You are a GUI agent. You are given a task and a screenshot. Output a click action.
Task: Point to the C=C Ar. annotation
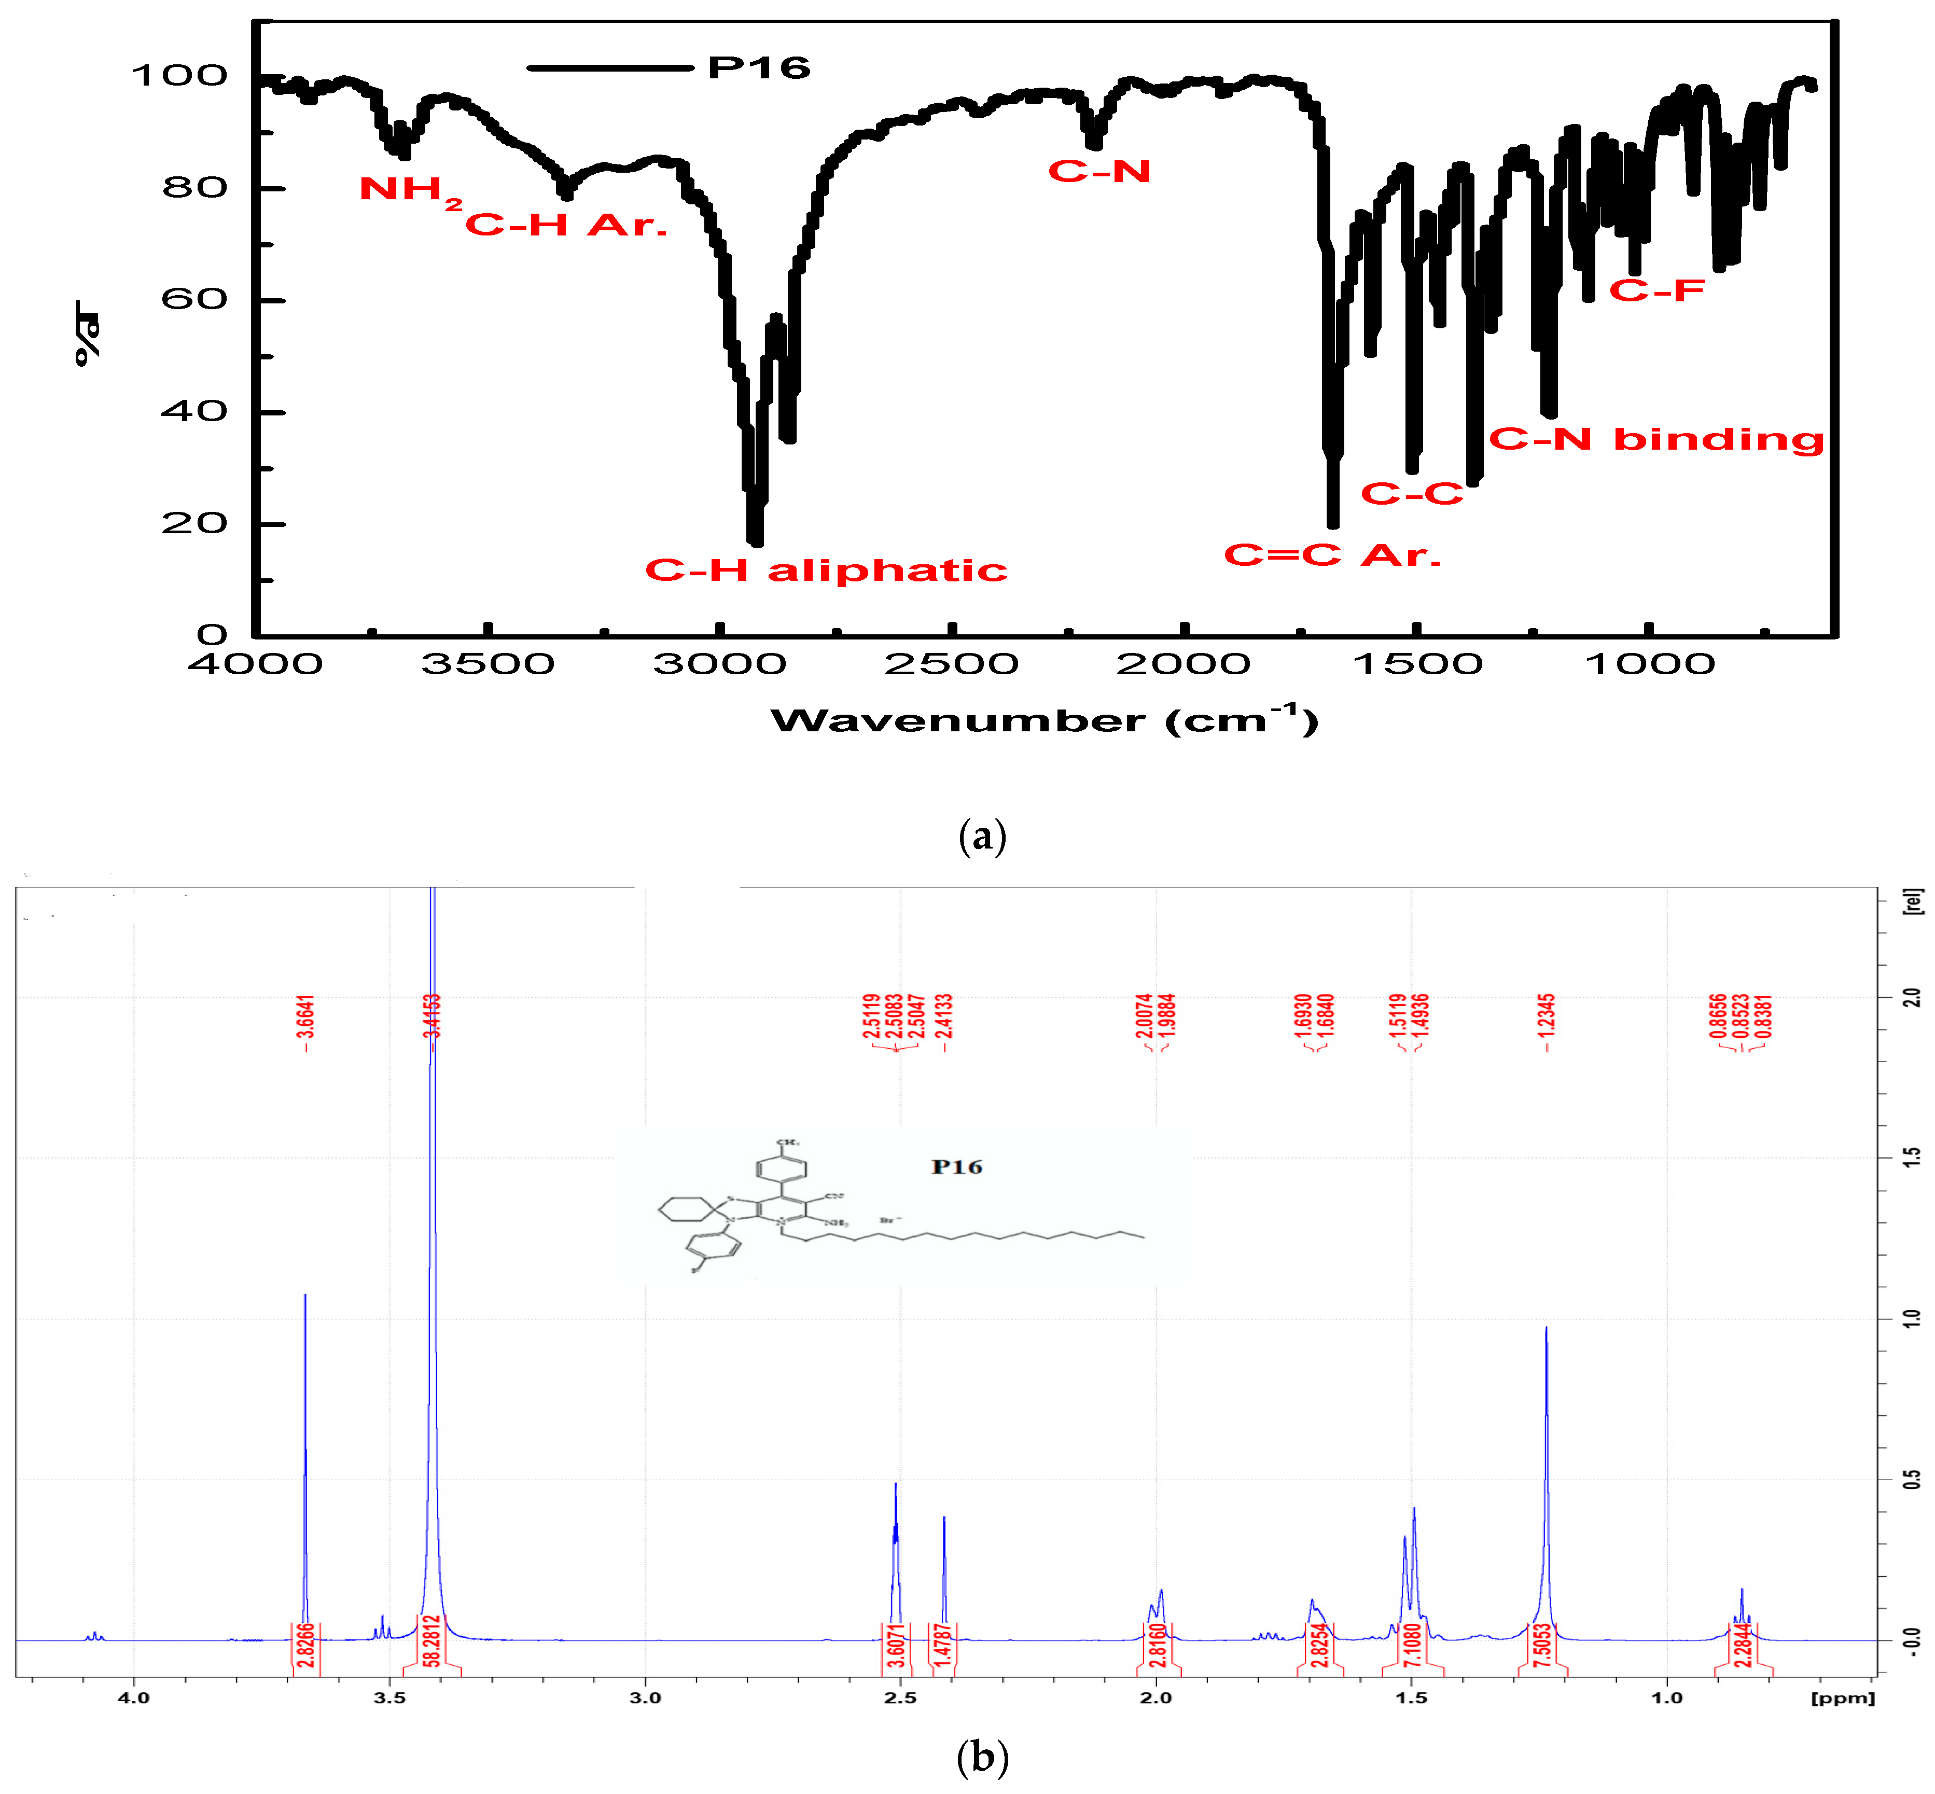point(1331,555)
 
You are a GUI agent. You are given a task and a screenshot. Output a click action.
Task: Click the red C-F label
point(1656,290)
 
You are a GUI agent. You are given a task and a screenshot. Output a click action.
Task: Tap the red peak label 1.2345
point(1548,1022)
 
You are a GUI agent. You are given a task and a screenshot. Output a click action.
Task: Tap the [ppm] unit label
point(1842,1697)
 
